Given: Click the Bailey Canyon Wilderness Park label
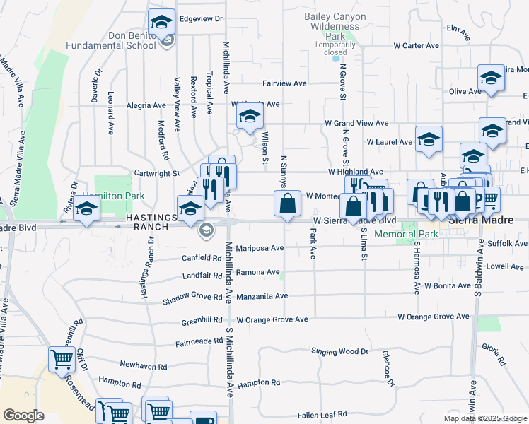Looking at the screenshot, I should (335, 25).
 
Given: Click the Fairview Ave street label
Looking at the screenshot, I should (284, 83).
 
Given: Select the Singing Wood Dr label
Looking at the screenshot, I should (340, 351).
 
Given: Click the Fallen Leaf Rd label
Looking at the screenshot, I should (322, 414).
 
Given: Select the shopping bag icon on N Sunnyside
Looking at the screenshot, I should (287, 205).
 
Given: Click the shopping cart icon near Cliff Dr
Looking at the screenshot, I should (62, 360).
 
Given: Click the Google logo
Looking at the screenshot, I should (23, 416).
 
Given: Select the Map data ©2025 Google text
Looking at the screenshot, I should (484, 418).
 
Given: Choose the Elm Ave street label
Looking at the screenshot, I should (458, 30).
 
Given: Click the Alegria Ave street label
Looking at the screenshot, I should (146, 105).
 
